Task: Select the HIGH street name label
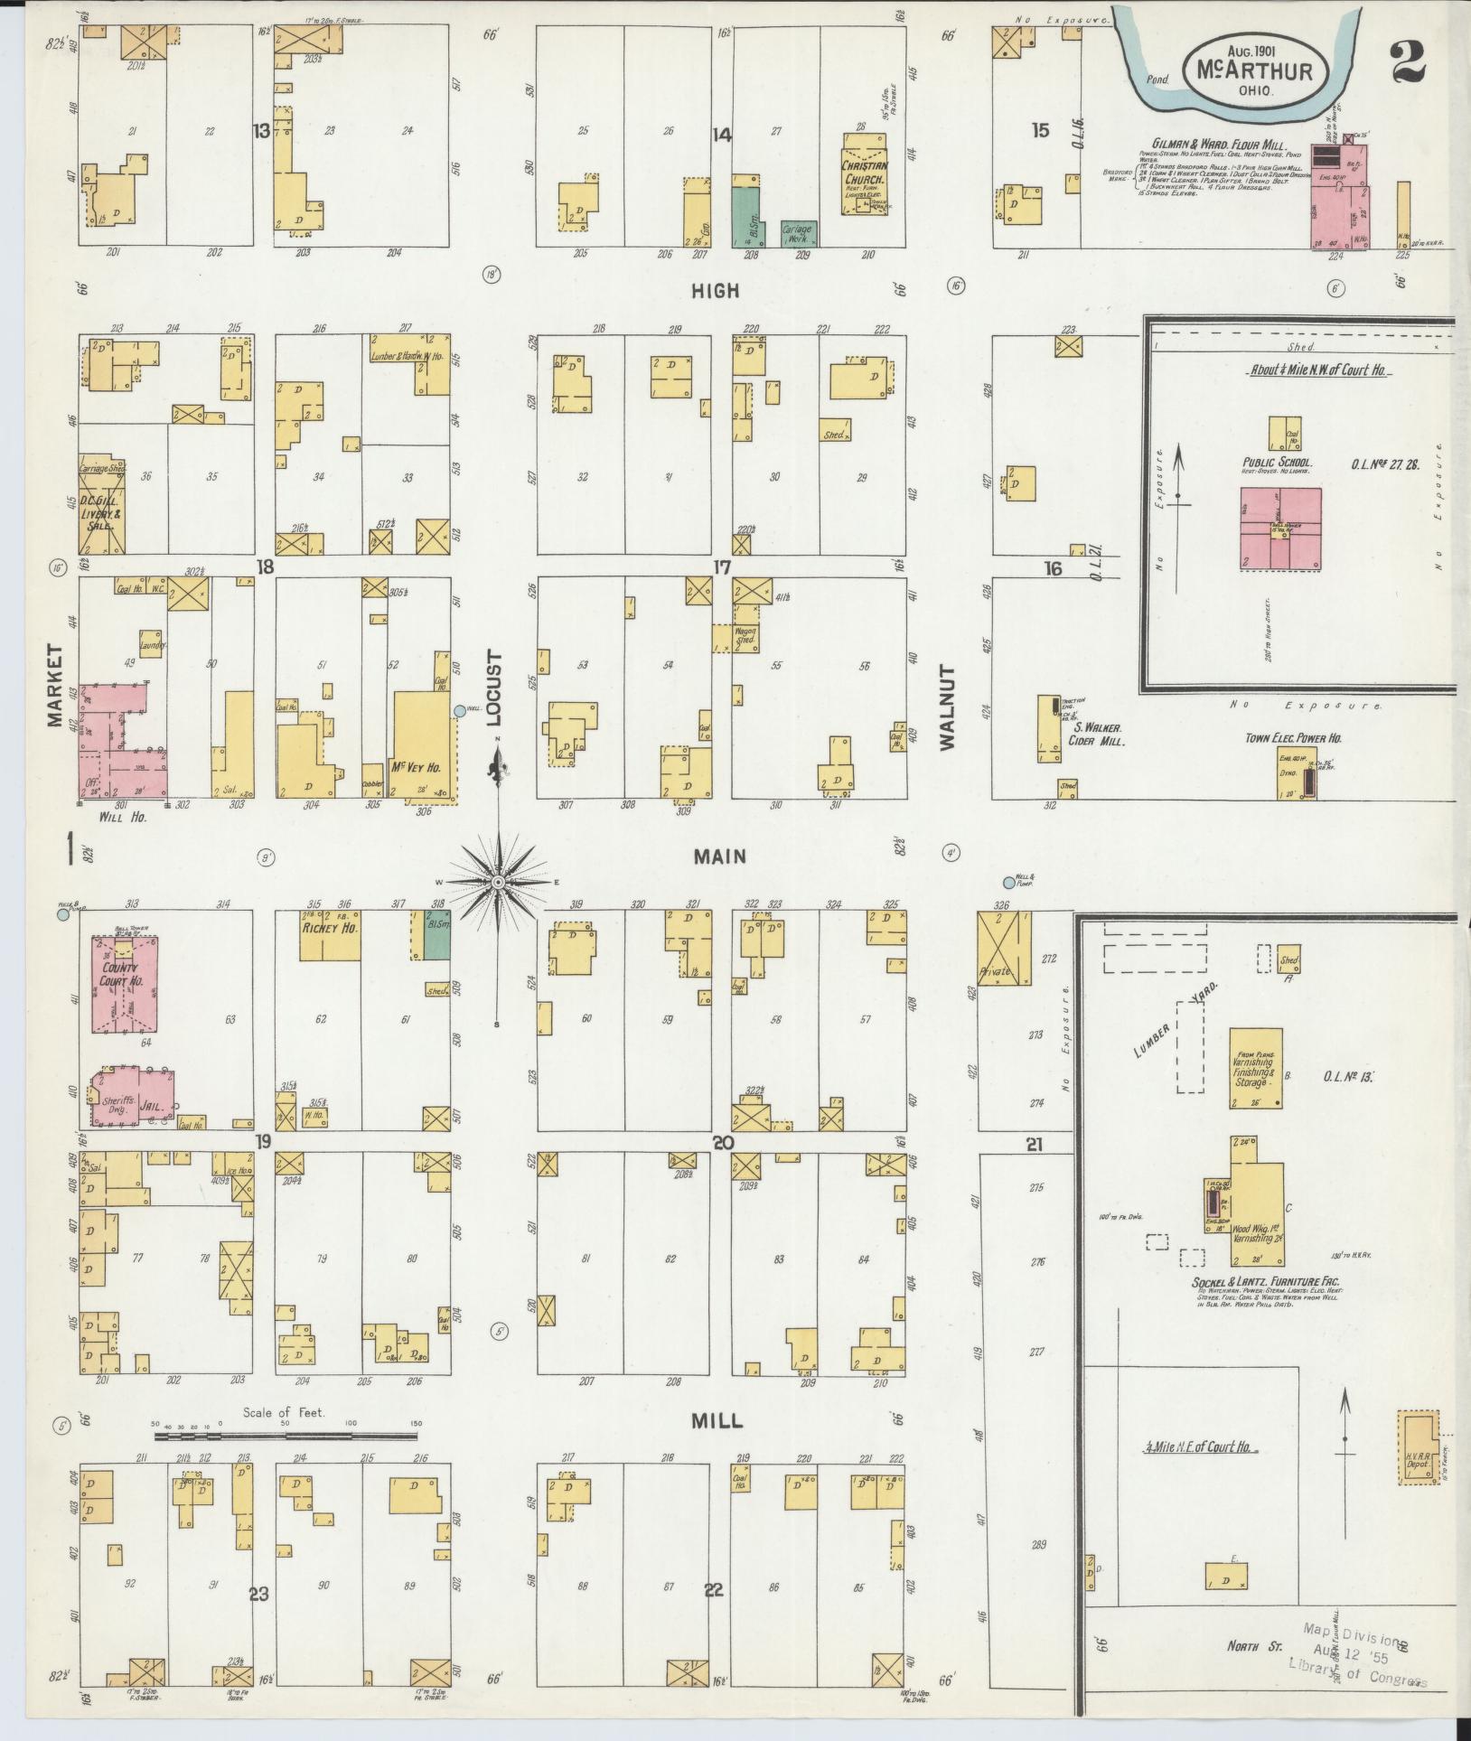[716, 290]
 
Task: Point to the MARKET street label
[57, 685]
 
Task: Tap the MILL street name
[717, 1421]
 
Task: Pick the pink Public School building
[1280, 529]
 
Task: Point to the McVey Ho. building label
[415, 767]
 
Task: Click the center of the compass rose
[498, 880]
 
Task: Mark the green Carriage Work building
[799, 233]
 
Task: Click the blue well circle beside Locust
[460, 711]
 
